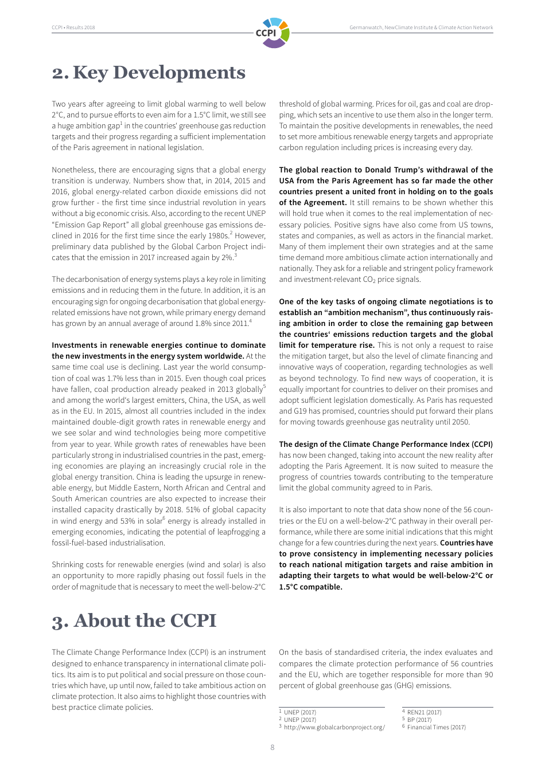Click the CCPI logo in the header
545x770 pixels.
(272, 33)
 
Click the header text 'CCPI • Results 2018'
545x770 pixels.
(73, 27)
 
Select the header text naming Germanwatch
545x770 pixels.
(421, 27)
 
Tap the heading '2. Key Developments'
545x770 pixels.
(149, 73)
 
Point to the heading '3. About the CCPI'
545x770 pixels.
(134, 621)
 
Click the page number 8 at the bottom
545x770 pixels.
(272, 747)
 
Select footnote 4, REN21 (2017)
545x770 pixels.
(424, 713)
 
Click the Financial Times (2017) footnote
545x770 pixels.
(436, 727)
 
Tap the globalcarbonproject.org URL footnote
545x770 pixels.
(334, 727)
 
